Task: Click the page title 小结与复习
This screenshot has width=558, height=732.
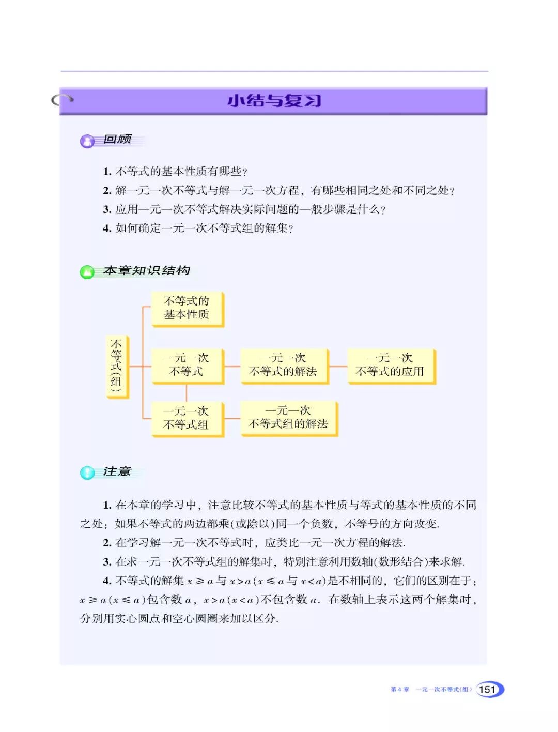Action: pyautogui.click(x=274, y=100)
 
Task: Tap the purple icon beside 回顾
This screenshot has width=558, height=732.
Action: pyautogui.click(x=87, y=141)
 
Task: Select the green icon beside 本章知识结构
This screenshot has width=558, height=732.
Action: pyautogui.click(x=87, y=272)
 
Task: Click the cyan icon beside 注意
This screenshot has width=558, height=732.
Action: pyautogui.click(x=87, y=472)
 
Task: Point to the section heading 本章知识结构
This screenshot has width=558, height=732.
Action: pyautogui.click(x=147, y=270)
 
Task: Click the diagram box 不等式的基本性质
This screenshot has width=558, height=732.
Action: pyautogui.click(x=187, y=308)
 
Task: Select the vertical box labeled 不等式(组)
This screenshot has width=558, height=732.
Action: pyautogui.click(x=116, y=367)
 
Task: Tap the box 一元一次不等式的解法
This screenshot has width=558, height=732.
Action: pyautogui.click(x=283, y=365)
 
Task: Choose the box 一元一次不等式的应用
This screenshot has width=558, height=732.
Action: pyautogui.click(x=390, y=365)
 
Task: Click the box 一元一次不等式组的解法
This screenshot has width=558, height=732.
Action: pyautogui.click(x=288, y=418)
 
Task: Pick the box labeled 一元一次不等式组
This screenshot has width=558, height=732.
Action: pyautogui.click(x=187, y=418)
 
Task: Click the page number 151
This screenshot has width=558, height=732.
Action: pyautogui.click(x=487, y=689)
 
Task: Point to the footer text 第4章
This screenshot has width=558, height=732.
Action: pyautogui.click(x=399, y=689)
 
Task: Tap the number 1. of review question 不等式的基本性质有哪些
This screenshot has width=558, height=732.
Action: pyautogui.click(x=107, y=172)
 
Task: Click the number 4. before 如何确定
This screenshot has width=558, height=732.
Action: pyautogui.click(x=107, y=228)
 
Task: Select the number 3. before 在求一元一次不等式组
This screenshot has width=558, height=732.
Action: pyautogui.click(x=107, y=562)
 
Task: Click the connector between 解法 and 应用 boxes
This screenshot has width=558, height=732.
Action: pyautogui.click(x=338, y=367)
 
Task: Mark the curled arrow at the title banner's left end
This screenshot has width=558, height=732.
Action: pyautogui.click(x=62, y=99)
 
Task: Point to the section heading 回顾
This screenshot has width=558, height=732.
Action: pyautogui.click(x=118, y=139)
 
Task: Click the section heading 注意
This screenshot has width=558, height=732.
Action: pyautogui.click(x=117, y=471)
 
